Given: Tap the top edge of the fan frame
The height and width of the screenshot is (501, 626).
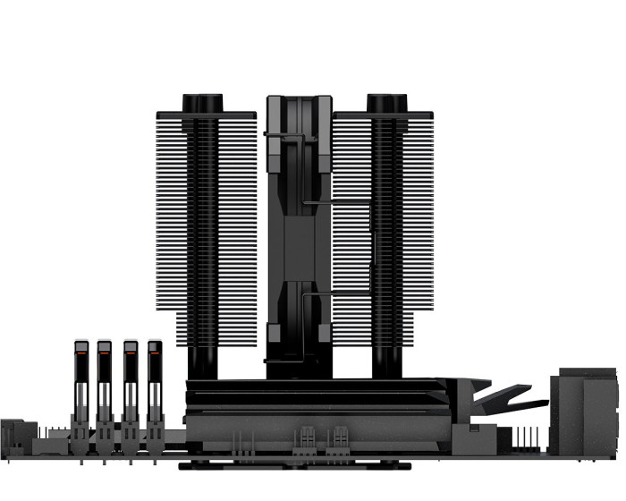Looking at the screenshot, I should (x=300, y=96).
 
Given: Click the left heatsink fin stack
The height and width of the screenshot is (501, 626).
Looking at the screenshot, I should (x=170, y=224).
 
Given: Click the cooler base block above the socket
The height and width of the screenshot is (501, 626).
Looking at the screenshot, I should (x=313, y=403).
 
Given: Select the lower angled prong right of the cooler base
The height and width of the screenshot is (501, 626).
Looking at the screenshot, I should (x=519, y=407).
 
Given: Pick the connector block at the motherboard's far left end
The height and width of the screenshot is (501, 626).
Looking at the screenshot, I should (x=16, y=437).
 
